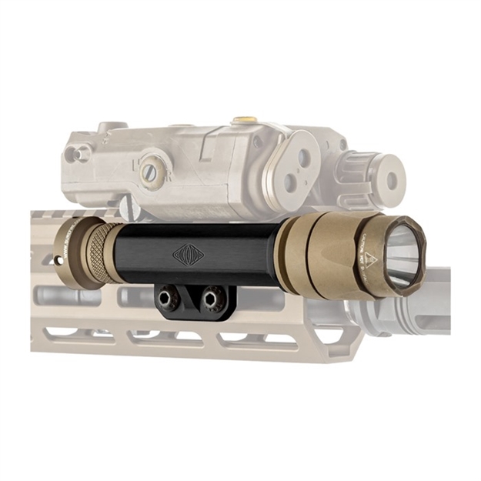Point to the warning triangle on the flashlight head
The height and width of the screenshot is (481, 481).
point(370,259)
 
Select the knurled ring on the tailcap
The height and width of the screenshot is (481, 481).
point(97,253)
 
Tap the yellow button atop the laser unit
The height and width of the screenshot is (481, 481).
point(245,120)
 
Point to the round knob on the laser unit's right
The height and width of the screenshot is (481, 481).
point(382,179)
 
